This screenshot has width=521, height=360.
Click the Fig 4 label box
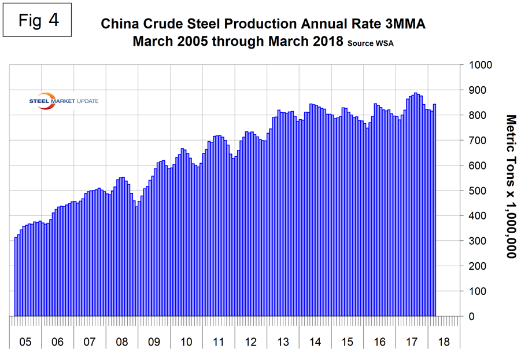click(38, 20)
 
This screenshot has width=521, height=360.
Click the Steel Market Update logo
click(64, 101)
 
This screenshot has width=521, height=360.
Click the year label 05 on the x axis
click(25, 342)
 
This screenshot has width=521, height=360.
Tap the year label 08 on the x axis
click(121, 342)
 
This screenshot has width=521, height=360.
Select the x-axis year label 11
click(218, 342)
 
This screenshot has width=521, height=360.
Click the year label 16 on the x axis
click(379, 342)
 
